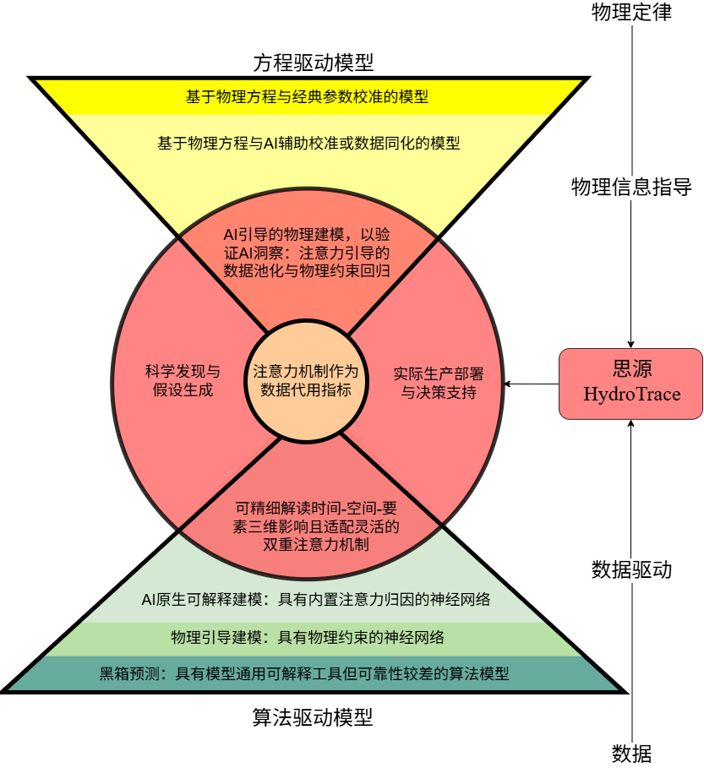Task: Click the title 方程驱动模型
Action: click(314, 63)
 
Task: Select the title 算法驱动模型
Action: click(313, 718)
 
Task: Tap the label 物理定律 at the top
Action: click(632, 13)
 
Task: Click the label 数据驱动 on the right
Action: click(632, 569)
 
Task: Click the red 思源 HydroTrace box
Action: click(630, 383)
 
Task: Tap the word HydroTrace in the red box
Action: click(631, 395)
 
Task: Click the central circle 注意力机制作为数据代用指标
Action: click(306, 381)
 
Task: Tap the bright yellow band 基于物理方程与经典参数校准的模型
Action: click(308, 96)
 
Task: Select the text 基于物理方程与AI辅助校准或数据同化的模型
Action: click(308, 143)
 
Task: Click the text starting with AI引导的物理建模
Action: click(307, 252)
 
